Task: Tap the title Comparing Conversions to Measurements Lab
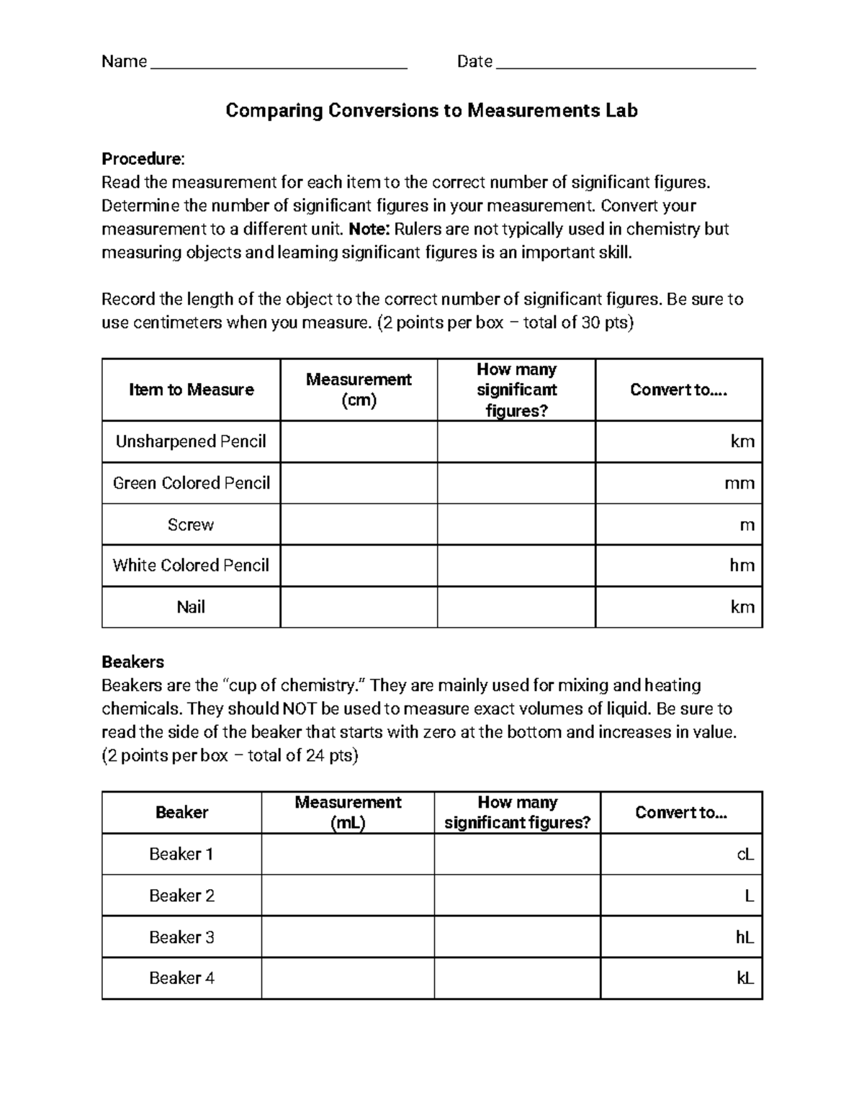point(431,110)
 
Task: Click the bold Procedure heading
point(143,158)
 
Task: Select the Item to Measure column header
point(191,389)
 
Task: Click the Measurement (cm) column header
point(359,389)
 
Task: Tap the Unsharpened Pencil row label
point(191,441)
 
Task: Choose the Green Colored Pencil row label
point(191,483)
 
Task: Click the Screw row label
point(191,525)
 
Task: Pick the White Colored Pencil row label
point(191,565)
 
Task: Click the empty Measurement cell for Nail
point(359,607)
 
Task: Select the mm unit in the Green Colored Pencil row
point(739,483)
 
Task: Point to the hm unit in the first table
point(742,565)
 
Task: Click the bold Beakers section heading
point(132,662)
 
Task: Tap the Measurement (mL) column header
point(348,812)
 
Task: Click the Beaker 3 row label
point(181,937)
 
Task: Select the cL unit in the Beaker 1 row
point(744,855)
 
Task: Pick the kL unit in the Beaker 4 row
point(744,978)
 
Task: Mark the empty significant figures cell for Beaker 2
point(517,896)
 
